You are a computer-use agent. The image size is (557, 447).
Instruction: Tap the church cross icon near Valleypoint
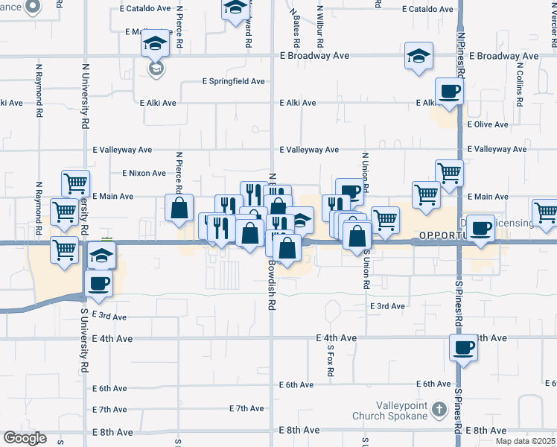(x=439, y=409)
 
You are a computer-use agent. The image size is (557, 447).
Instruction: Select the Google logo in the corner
(x=25, y=438)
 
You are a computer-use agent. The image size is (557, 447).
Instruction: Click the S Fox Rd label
(x=329, y=361)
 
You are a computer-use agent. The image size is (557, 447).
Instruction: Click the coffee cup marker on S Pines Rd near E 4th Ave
(x=464, y=347)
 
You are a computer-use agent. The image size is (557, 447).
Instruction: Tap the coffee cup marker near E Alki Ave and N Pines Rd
(x=449, y=92)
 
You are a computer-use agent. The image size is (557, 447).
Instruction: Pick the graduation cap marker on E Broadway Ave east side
(x=418, y=55)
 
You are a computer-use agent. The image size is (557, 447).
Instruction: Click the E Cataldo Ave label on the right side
(x=427, y=10)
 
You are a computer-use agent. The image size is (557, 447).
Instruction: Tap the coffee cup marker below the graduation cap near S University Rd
(x=99, y=283)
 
